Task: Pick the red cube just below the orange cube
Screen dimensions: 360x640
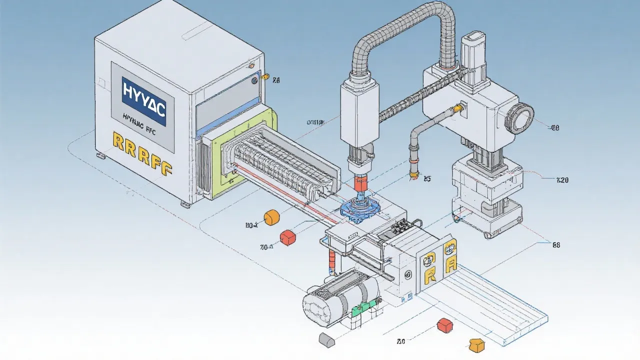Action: tap(287, 237)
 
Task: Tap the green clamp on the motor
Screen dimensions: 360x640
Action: tap(359, 310)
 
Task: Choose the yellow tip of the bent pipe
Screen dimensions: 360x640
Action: tap(413, 173)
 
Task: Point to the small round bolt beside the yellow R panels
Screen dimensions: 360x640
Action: tap(408, 274)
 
